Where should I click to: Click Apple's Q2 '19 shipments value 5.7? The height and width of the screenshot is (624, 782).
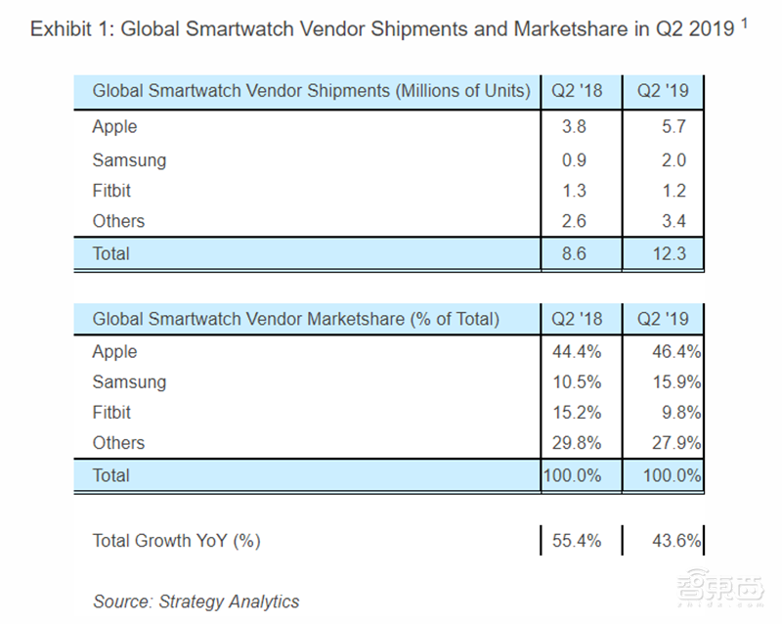[673, 126]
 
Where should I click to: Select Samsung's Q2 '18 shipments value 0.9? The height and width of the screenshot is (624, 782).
[574, 160]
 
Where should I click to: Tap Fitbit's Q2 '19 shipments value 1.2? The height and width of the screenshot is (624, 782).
[673, 191]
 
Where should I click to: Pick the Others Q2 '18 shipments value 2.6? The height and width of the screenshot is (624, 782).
[574, 221]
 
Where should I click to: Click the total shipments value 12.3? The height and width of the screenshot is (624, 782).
[670, 253]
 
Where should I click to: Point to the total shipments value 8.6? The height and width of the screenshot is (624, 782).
[574, 253]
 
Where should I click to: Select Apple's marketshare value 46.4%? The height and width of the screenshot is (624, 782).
[676, 352]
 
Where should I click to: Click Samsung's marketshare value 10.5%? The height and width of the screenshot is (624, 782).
[577, 382]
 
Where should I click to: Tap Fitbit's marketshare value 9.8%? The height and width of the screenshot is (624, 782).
[681, 413]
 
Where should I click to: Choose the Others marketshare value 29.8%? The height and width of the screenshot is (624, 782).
[577, 443]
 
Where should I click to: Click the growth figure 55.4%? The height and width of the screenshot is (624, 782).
[577, 541]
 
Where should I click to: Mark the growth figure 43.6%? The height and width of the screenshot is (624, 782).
[676, 541]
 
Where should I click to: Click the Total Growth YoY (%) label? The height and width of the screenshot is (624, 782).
[177, 541]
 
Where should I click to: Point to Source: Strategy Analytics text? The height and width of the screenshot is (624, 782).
[196, 602]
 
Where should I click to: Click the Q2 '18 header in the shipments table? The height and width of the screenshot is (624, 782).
[577, 91]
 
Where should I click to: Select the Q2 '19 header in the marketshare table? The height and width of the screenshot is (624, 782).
[663, 319]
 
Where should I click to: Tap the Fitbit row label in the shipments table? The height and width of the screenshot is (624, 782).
[111, 191]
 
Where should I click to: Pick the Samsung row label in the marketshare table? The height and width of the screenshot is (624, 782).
[129, 382]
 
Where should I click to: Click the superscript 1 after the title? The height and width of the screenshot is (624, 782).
[744, 22]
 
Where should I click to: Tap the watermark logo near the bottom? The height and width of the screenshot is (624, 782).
[720, 588]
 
